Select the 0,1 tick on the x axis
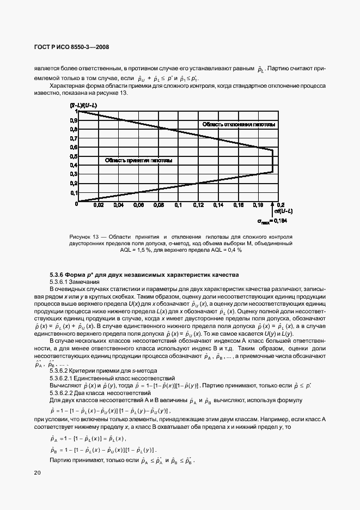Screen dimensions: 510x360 coord(178,206)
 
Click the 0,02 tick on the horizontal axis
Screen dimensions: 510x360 coord(97,206)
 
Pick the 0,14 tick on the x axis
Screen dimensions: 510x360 coord(218,206)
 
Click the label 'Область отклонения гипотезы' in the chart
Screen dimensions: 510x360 coord(239,125)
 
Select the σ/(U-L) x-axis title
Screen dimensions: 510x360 coord(283,211)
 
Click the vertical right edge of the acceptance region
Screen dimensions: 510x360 coord(272,161)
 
